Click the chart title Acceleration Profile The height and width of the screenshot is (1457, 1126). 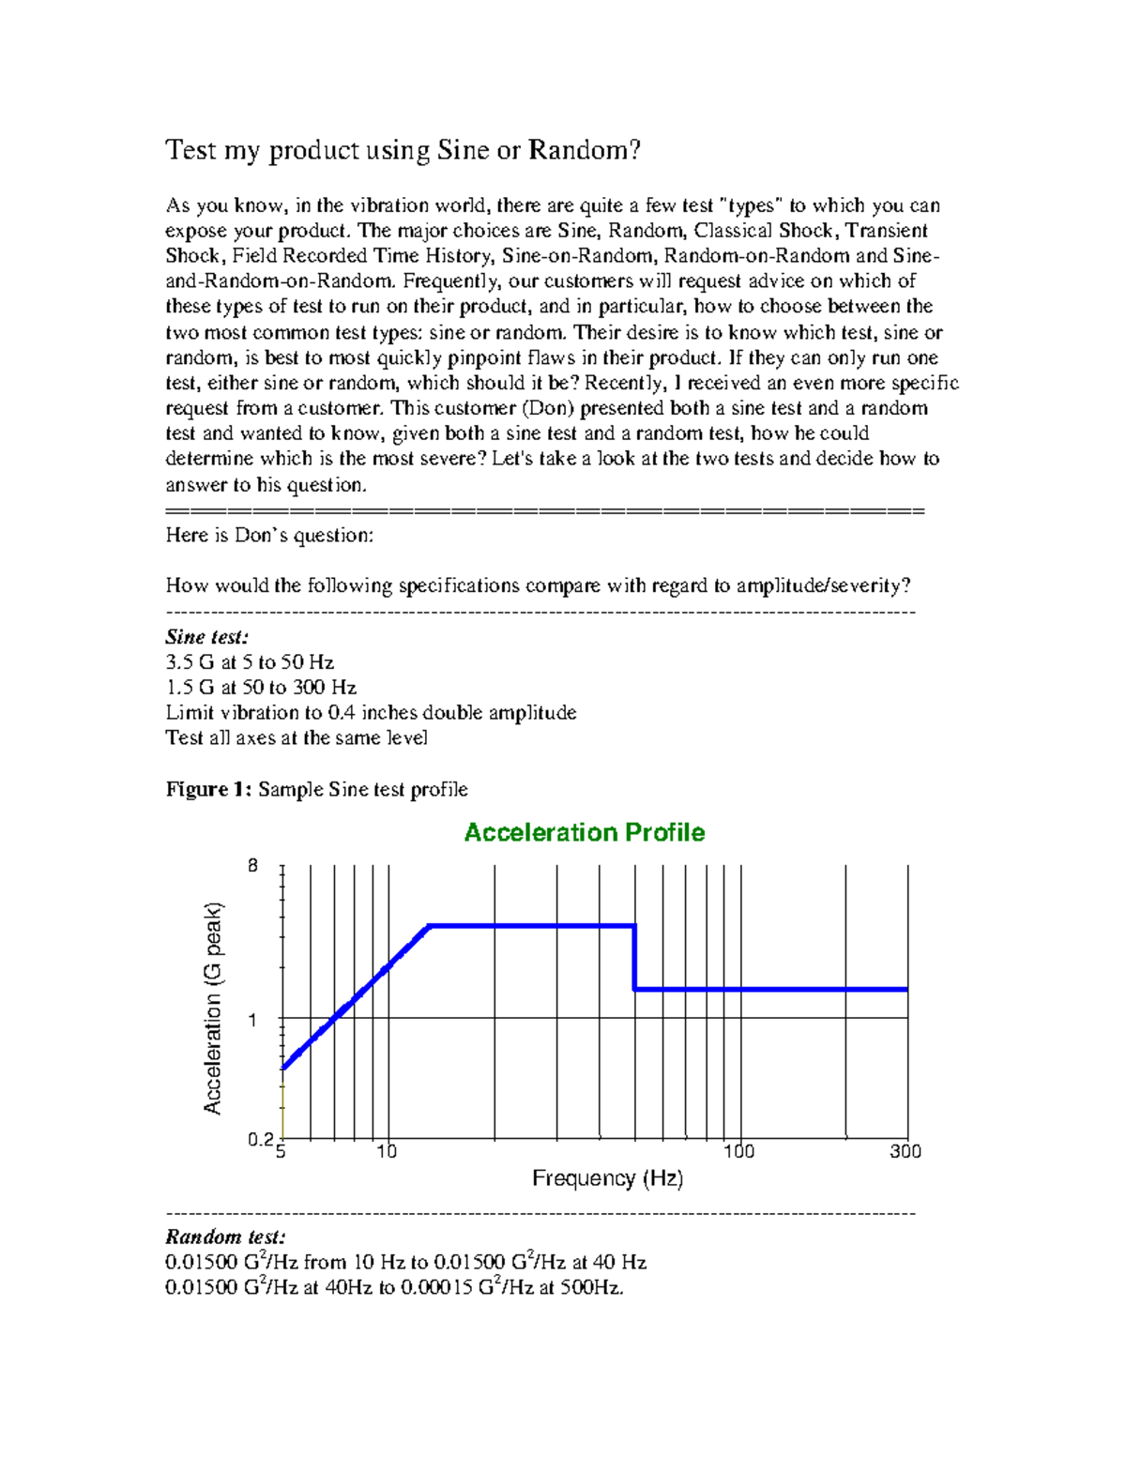pyautogui.click(x=584, y=832)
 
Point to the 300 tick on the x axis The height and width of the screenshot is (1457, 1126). pyautogui.click(x=905, y=1151)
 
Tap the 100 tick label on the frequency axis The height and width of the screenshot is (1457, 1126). pyautogui.click(x=738, y=1151)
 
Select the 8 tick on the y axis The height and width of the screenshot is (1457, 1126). pyautogui.click(x=252, y=866)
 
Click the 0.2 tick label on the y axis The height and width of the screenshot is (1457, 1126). pyautogui.click(x=260, y=1139)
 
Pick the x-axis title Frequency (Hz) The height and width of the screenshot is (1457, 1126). pyautogui.click(x=607, y=1178)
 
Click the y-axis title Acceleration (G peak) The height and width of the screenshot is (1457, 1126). pyautogui.click(x=214, y=1008)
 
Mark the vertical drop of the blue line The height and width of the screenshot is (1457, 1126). pyautogui.click(x=635, y=957)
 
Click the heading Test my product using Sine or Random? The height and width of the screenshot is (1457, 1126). pyautogui.click(x=403, y=150)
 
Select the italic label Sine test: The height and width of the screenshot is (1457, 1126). pyautogui.click(x=207, y=637)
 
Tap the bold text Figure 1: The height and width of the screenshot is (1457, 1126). pyautogui.click(x=208, y=789)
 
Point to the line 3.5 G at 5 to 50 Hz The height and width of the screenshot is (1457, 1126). pyautogui.click(x=250, y=662)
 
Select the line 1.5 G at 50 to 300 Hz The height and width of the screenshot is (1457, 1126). pyautogui.click(x=261, y=688)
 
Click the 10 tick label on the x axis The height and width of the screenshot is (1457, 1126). pyautogui.click(x=387, y=1151)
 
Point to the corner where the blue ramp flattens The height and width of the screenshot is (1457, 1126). pyautogui.click(x=429, y=926)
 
